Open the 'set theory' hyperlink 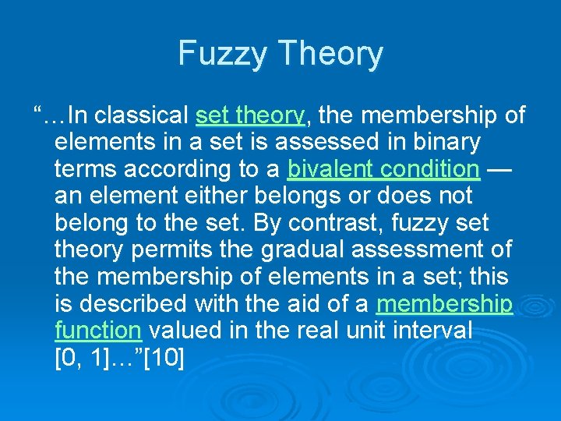[250, 115]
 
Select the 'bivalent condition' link [383, 169]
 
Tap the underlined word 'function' [98, 330]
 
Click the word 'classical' [146, 115]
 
